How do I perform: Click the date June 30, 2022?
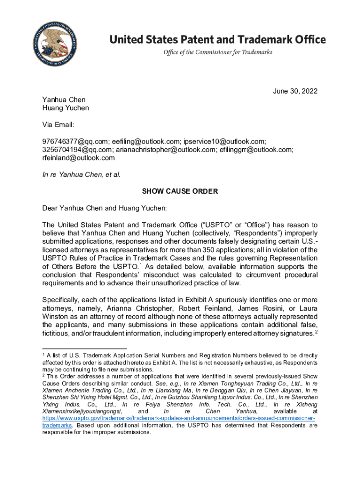pyautogui.click(x=295, y=91)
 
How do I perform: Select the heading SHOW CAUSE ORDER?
pyautogui.click(x=180, y=191)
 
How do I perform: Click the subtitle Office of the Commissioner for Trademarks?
pyautogui.click(x=217, y=52)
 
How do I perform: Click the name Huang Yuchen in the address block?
pyautogui.click(x=65, y=108)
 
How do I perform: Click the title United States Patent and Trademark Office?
pyautogui.click(x=217, y=39)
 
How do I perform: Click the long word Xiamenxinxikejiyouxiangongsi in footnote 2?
pyautogui.click(x=79, y=411)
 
